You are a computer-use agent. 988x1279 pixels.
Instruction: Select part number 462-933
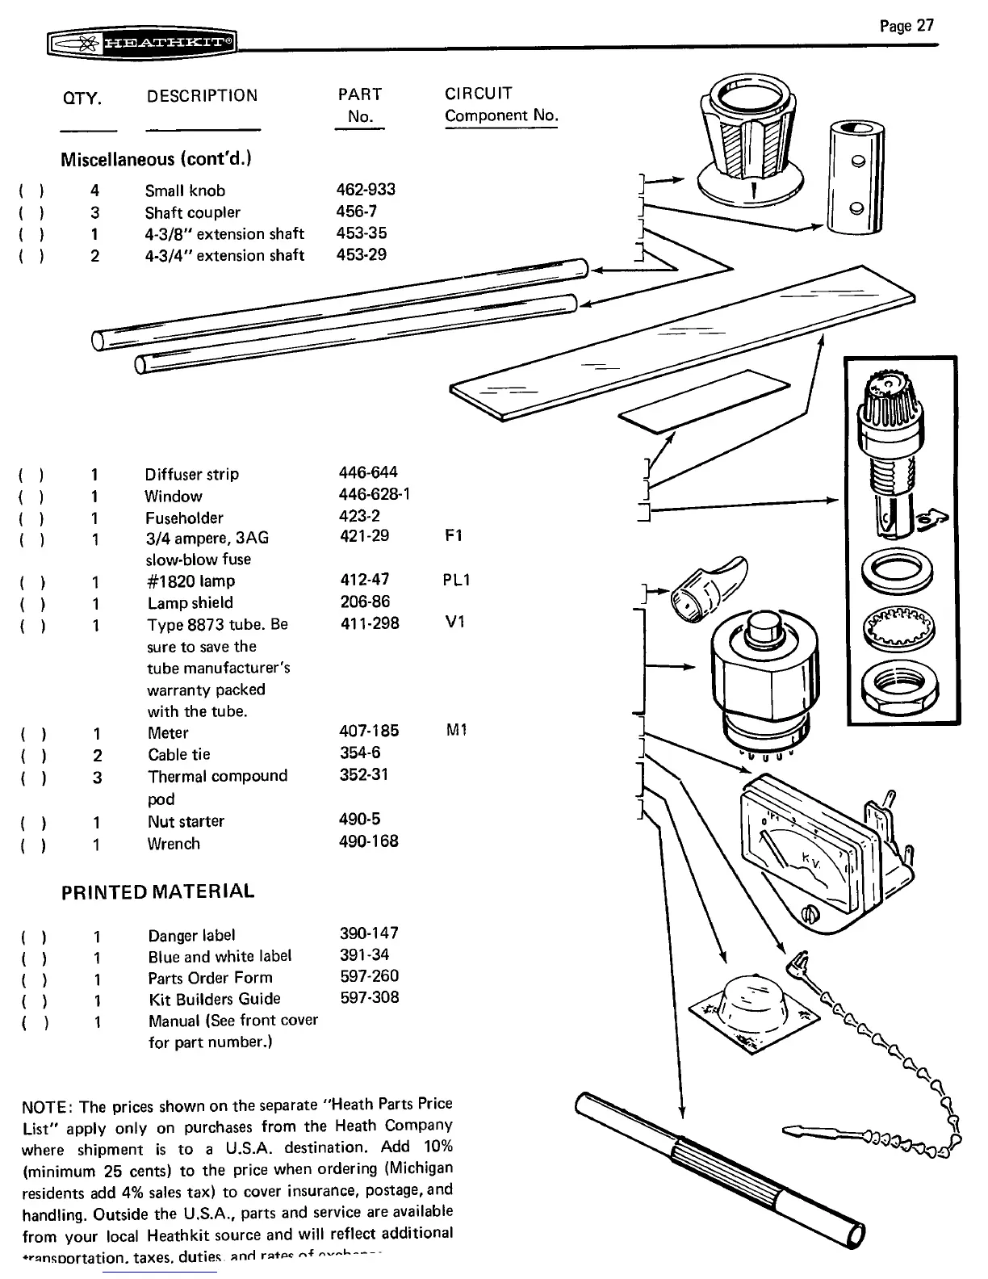[366, 190]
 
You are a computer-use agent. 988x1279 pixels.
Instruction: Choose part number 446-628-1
[375, 494]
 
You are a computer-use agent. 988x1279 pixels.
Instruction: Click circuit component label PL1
[457, 581]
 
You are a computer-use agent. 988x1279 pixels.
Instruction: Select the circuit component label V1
[455, 623]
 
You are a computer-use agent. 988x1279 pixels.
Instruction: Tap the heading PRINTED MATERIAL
[158, 891]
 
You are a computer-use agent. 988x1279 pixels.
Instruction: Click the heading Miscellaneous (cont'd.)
[157, 158]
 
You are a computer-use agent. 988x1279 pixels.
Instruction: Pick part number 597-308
[370, 998]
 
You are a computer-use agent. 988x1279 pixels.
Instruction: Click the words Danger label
[191, 935]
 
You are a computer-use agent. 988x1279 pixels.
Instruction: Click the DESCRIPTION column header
[202, 96]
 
